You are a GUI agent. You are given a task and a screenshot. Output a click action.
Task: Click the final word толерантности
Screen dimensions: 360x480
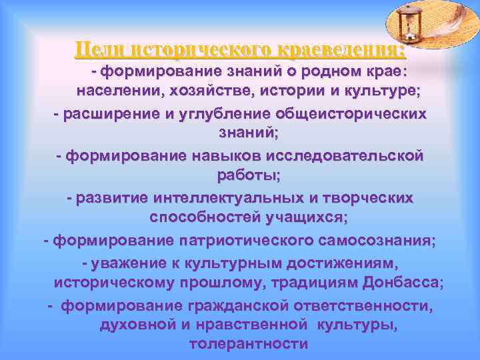249,345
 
